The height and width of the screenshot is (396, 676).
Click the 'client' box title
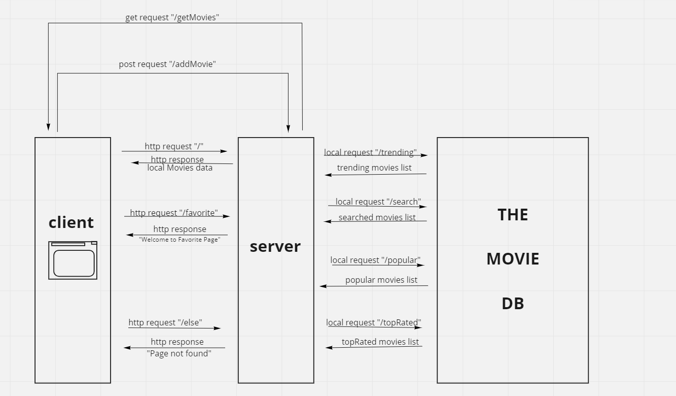(x=71, y=222)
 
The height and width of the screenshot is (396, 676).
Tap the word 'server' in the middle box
(x=275, y=246)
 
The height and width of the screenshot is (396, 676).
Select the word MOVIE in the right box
(x=513, y=259)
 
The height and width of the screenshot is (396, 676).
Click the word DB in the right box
(x=513, y=304)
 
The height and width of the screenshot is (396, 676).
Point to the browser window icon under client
(x=73, y=260)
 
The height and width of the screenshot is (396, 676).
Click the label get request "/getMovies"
(x=172, y=17)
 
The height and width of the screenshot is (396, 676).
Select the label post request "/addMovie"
(x=167, y=64)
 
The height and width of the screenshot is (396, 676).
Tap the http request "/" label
(x=174, y=146)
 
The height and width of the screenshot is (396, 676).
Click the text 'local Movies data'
(x=180, y=168)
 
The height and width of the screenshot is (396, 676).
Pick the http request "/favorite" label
(x=174, y=213)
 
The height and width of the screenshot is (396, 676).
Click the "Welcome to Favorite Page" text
(x=180, y=240)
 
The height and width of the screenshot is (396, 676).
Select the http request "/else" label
(x=165, y=322)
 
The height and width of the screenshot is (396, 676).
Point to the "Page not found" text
(x=179, y=353)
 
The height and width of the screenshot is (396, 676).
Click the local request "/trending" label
(x=370, y=152)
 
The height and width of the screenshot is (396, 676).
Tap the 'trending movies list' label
(x=374, y=168)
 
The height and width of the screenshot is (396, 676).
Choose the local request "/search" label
(x=378, y=202)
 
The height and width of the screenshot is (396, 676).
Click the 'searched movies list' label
(x=377, y=217)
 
